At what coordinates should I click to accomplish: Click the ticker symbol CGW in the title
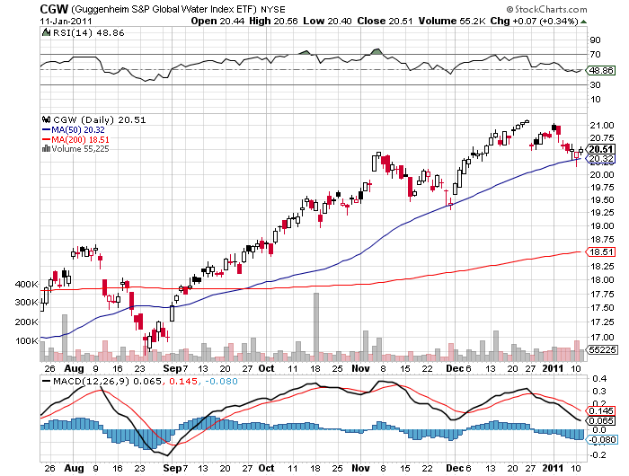(x=55, y=8)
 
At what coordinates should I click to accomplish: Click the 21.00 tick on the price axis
(x=600, y=125)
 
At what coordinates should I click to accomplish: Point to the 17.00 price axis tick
(x=600, y=336)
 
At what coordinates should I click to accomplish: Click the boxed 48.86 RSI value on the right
(x=601, y=69)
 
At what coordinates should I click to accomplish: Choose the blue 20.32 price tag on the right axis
(x=601, y=159)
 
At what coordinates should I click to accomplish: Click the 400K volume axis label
(x=27, y=284)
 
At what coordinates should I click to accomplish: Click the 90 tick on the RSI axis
(x=595, y=40)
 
